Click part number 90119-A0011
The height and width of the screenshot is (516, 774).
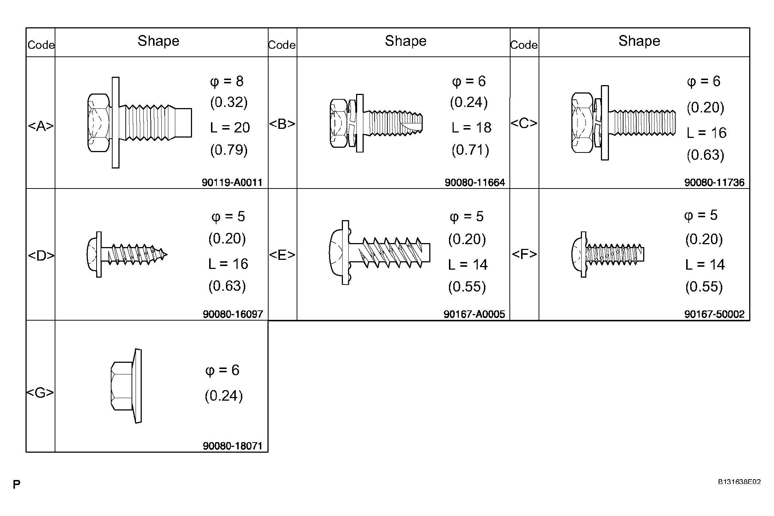coord(232,182)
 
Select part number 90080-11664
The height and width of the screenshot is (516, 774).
coord(475,182)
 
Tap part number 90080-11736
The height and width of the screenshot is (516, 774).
coord(714,182)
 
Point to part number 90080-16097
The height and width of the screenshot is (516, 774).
coord(233,314)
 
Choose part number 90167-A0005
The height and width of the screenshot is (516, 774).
coord(474,314)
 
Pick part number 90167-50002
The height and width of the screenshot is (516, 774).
coord(714,314)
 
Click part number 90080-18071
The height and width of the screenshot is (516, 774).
coord(233,446)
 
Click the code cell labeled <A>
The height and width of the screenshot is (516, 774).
coord(41,126)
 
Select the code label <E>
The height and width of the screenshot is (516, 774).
coord(282,255)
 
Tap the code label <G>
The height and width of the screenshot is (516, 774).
coord(40,393)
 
